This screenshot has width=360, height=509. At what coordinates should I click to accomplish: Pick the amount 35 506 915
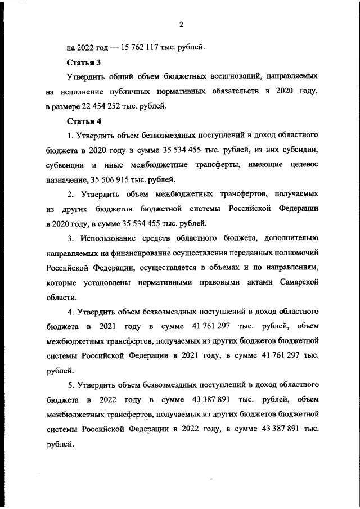coord(109,179)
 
